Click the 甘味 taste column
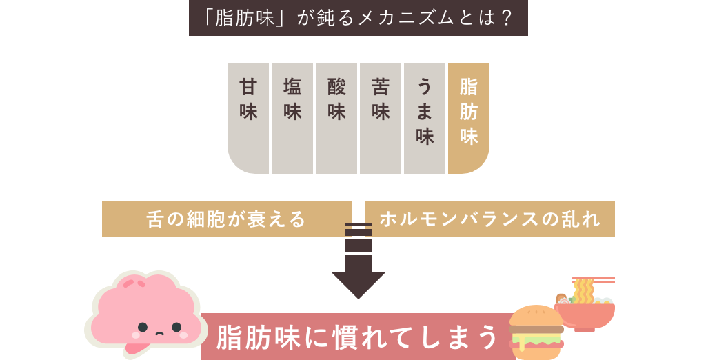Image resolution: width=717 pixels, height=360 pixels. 248,117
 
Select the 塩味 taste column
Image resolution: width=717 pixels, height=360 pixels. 292,117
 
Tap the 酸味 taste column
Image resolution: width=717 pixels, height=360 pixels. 336,117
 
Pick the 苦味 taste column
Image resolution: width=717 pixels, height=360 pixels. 381,117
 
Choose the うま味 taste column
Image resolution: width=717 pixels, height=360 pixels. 425,117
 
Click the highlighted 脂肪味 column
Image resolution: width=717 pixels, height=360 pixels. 469,117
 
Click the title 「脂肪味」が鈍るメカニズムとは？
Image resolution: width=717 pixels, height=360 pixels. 358,17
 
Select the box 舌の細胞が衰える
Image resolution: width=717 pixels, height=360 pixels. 226,219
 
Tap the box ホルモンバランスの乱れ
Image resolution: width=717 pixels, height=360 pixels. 489,219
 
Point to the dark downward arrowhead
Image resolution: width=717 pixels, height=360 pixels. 358,283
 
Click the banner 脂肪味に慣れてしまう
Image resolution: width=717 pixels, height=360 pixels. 357,337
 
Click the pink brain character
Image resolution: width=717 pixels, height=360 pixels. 145,310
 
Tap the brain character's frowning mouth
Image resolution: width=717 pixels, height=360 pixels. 159,334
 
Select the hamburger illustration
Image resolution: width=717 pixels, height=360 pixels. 536,331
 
